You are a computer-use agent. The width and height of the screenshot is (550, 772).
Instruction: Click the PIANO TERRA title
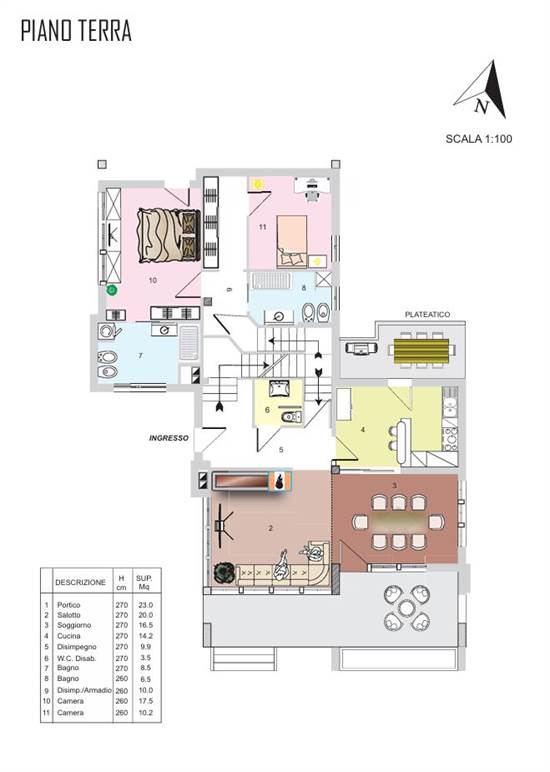76,31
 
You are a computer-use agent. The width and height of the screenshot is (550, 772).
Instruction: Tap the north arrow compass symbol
483,91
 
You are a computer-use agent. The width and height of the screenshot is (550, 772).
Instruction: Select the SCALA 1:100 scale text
479,139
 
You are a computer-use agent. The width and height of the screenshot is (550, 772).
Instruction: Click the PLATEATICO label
427,314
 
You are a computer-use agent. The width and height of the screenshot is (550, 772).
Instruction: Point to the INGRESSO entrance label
169,438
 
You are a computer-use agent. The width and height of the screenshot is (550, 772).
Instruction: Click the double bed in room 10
169,235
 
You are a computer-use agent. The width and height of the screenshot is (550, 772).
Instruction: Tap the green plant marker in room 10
112,290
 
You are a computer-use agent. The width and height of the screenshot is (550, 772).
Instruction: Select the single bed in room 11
292,241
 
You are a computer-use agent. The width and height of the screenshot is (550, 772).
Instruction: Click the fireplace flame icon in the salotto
280,481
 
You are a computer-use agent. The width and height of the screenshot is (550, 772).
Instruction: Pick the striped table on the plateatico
421,350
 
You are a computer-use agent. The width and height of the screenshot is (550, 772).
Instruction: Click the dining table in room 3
398,521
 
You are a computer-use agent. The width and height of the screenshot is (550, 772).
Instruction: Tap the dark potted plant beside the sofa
223,574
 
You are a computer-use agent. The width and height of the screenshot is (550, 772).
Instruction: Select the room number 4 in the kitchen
363,430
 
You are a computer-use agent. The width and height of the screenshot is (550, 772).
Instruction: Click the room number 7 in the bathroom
140,355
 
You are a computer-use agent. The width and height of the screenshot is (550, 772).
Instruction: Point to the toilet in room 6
291,417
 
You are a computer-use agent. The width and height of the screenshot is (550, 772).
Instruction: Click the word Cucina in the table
68,636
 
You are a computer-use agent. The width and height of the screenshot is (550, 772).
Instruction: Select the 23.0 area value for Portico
145,605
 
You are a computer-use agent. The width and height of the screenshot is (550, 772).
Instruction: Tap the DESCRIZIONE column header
80,582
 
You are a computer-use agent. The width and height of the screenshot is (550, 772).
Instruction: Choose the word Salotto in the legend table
68,615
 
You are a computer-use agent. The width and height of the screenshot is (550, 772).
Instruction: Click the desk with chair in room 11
312,188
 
